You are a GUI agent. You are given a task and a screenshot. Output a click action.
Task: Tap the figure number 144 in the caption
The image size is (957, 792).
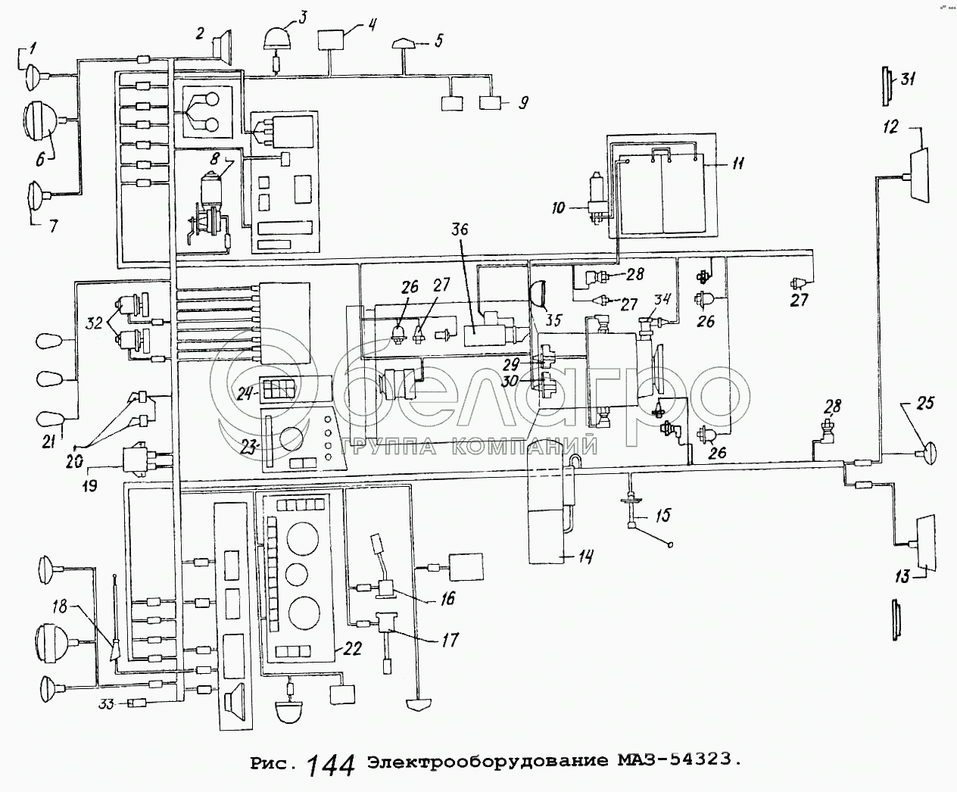(331, 765)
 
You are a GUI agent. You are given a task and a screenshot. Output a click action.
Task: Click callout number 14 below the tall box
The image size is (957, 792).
(585, 557)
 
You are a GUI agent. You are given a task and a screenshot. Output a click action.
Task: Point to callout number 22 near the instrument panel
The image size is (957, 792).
(353, 648)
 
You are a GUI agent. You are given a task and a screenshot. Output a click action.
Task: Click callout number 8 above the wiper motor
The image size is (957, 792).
(214, 159)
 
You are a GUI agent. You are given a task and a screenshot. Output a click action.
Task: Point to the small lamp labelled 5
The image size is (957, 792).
(401, 45)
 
